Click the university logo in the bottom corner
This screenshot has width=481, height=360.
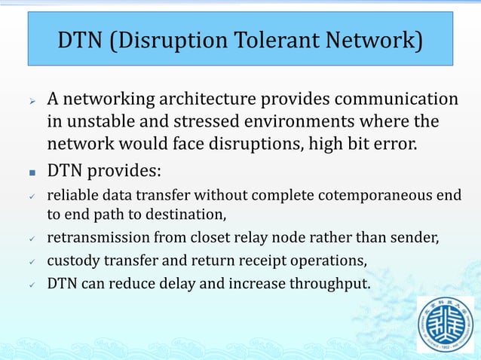click(446, 325)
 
